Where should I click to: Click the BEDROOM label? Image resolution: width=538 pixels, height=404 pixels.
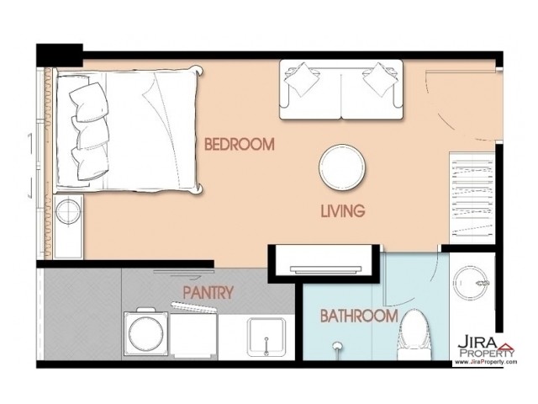pos(240,144)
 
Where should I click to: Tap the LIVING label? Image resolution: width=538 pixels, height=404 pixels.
pos(343,210)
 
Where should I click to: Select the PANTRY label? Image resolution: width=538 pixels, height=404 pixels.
pos(208,293)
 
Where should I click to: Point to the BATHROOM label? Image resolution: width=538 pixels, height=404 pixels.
pos(359,316)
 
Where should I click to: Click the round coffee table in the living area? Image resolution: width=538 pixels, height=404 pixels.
pos(342,167)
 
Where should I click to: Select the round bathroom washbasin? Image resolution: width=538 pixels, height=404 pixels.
pos(471,283)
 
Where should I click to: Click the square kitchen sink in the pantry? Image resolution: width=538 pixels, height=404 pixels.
pos(266,337)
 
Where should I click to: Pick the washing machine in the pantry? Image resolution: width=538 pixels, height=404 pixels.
pos(145,332)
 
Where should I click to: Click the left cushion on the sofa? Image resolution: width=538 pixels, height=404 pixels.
pos(303,79)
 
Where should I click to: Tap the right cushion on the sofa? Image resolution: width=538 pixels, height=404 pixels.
pos(379,79)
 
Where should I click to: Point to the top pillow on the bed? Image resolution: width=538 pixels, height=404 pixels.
pos(89,102)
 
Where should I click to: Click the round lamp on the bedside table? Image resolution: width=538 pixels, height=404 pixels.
pos(68,211)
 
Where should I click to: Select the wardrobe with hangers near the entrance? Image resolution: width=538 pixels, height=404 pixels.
pos(472,199)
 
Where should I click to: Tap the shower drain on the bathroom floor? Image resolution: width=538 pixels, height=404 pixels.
pos(337,345)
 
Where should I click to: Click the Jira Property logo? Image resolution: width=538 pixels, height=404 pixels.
pos(486,347)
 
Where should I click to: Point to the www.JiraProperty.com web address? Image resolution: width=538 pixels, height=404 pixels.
pos(486,362)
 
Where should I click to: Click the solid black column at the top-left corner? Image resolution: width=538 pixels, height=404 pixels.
pos(60,55)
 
